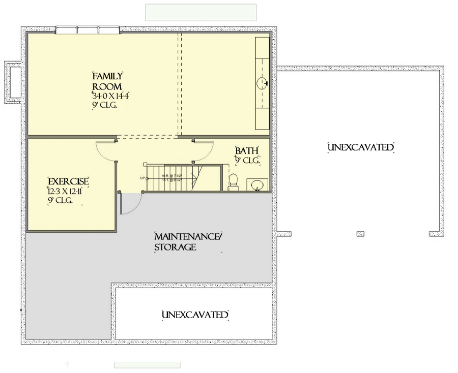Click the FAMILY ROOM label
pyautogui.click(x=107, y=81)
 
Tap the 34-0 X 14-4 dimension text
pyautogui.click(x=109, y=96)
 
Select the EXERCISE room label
pyautogui.click(x=68, y=181)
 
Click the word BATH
pyautogui.click(x=247, y=151)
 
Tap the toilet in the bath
pyautogui.click(x=234, y=181)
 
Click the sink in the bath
pyautogui.click(x=255, y=184)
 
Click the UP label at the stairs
pyautogui.click(x=142, y=178)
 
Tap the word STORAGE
pyautogui.click(x=175, y=247)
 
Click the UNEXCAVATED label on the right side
pyautogui.click(x=361, y=147)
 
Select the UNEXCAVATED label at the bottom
pyautogui.click(x=195, y=315)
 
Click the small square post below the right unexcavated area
pyautogui.click(x=360, y=234)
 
